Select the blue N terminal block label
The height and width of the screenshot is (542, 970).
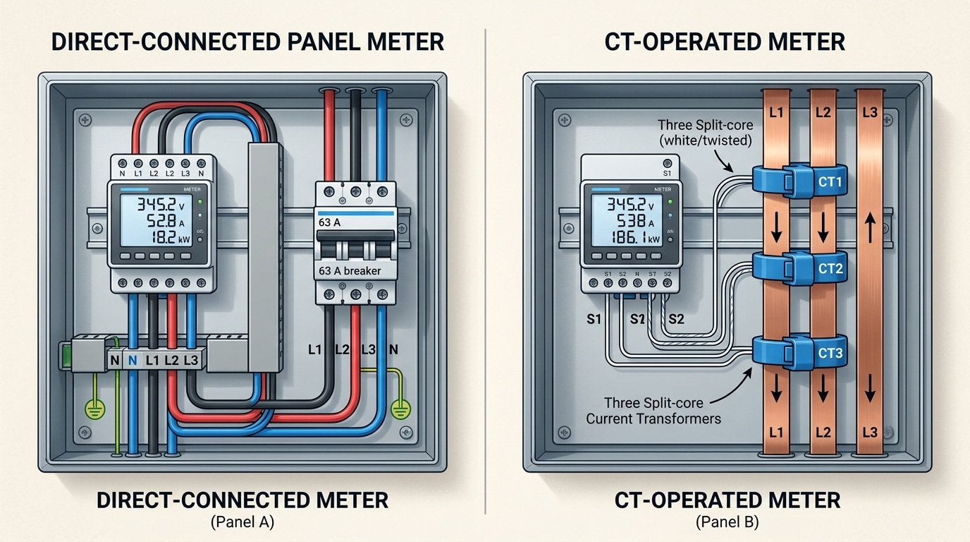(x=133, y=361)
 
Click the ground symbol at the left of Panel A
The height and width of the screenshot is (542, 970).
(x=93, y=408)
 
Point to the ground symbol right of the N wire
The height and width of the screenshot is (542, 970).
(x=402, y=407)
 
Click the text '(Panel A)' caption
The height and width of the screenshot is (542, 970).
(x=242, y=523)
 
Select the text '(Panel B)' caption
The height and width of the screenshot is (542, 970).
(x=727, y=523)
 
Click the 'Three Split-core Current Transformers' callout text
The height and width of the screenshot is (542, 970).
(x=653, y=411)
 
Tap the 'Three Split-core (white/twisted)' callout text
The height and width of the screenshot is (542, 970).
(x=705, y=133)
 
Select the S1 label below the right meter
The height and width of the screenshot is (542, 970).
(x=594, y=319)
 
